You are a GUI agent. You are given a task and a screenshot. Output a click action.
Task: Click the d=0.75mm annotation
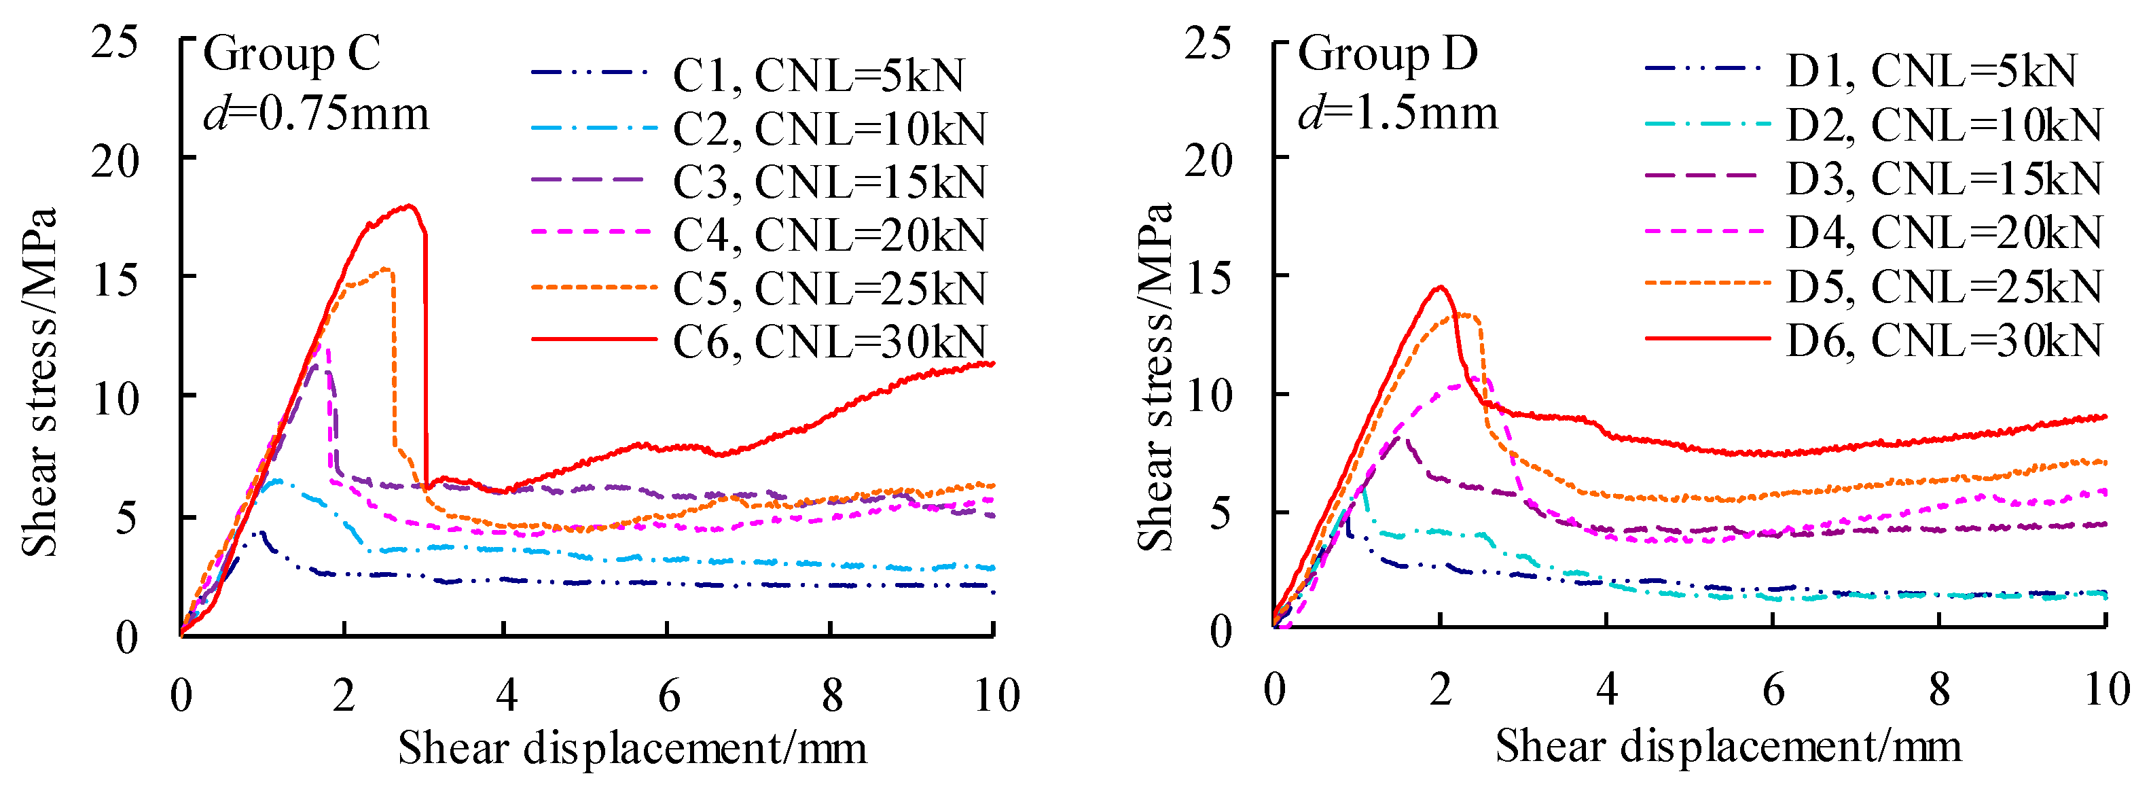316,113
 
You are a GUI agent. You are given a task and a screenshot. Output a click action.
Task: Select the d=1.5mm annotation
1398,113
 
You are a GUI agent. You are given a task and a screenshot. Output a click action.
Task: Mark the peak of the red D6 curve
1440,287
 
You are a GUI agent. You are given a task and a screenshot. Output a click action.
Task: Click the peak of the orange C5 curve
385,268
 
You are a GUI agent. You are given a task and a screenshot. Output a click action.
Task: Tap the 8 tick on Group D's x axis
1939,690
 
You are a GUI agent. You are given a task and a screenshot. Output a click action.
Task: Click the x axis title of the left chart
632,747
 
